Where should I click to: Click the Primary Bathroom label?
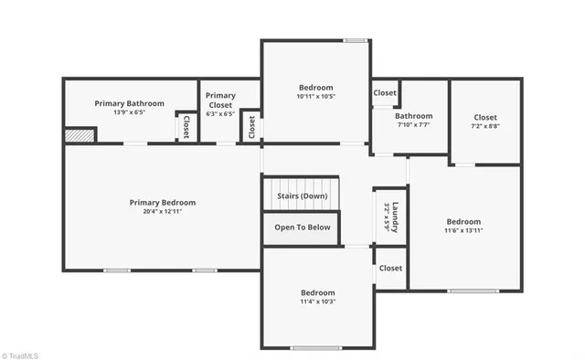point(129,103)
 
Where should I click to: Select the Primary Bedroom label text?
point(162,203)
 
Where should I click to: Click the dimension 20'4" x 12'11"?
point(162,211)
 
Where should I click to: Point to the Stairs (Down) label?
point(302,196)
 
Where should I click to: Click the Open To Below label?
point(302,228)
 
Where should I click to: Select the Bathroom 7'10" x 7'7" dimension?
point(413,125)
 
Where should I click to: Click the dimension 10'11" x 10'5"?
point(315,96)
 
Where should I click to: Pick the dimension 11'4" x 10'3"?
point(318,302)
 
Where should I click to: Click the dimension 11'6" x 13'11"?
point(463,230)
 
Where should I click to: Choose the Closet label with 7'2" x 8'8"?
point(485,117)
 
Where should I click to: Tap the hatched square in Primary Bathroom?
point(74,135)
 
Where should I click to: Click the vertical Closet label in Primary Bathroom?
point(186,126)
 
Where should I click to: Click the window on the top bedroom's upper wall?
point(355,39)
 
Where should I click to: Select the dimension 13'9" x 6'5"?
point(129,112)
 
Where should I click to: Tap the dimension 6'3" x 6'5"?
point(220,114)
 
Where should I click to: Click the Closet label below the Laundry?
point(390,268)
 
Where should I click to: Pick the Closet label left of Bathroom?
point(385,92)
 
